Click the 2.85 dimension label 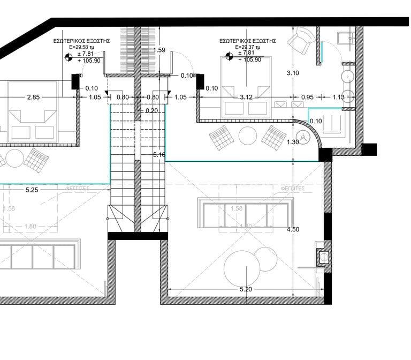coord(33,97)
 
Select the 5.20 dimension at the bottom coord(246,289)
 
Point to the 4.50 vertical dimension coord(293,229)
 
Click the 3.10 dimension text coord(293,73)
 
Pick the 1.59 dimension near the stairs coord(159,50)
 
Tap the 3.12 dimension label coord(246,97)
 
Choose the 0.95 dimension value coord(307,97)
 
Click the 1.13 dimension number coord(338,97)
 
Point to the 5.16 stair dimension coord(159,155)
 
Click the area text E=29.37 coord(247,47)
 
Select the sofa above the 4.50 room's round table coord(246,214)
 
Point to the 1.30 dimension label coord(293,142)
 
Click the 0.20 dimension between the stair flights coord(152,111)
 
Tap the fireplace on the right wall coord(323,257)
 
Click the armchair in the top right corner coord(300,40)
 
